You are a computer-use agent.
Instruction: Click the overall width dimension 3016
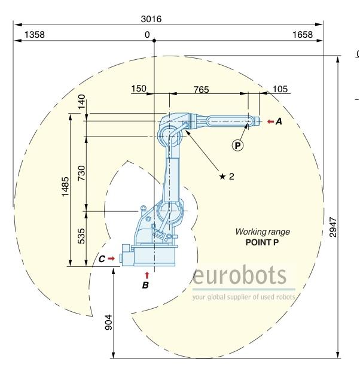coord(151,19)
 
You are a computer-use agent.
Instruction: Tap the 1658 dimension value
coord(303,35)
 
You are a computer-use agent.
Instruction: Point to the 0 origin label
coord(147,35)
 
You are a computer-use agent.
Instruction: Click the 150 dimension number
coord(138,89)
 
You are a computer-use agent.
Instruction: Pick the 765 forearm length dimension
coord(202,89)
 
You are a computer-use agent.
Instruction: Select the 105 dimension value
coord(280,89)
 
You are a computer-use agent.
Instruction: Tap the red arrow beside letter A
coord(270,121)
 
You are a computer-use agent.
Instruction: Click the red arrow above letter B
coord(147,275)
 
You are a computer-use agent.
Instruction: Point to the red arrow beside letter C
coord(111,259)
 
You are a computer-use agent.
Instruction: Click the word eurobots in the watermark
coord(240,277)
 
